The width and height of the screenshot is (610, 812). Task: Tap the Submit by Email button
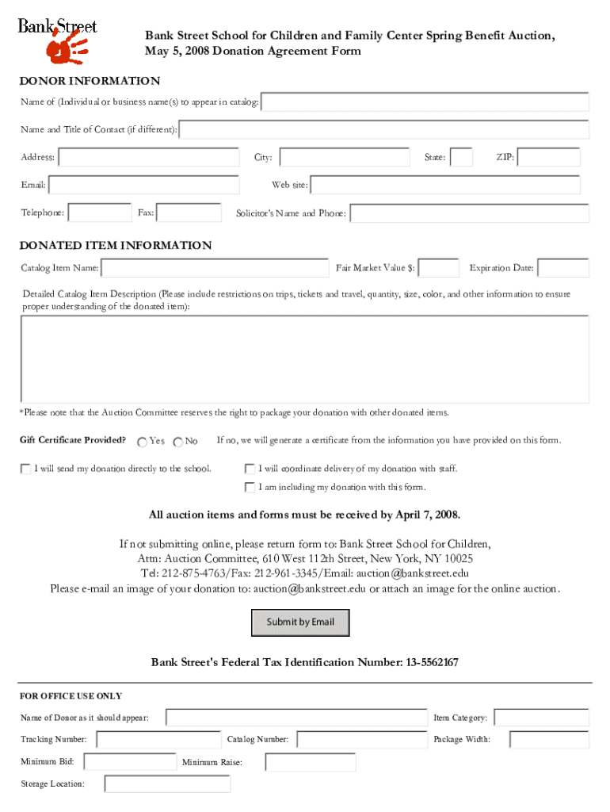click(x=300, y=622)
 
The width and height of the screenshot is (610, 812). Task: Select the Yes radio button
click(x=142, y=442)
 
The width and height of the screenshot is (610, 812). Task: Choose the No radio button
click(x=177, y=442)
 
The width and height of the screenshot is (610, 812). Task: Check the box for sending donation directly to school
click(x=26, y=469)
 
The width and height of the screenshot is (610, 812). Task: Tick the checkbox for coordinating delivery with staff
click(x=250, y=469)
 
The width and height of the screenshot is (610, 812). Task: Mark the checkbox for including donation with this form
click(x=250, y=487)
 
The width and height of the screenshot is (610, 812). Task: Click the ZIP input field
click(x=548, y=158)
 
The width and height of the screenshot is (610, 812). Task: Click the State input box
click(x=461, y=158)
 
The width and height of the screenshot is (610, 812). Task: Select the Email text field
click(x=143, y=186)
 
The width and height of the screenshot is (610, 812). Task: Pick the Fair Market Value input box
click(x=438, y=268)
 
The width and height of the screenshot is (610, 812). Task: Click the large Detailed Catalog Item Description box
click(x=304, y=359)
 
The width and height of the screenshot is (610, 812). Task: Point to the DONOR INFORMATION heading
click(x=90, y=81)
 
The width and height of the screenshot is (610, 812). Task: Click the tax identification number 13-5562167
click(x=432, y=662)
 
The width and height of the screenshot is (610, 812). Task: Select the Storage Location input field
click(x=167, y=784)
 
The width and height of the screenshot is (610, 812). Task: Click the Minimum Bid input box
click(x=129, y=762)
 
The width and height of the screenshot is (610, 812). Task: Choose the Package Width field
click(x=548, y=740)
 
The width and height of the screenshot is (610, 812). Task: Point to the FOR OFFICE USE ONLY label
click(x=71, y=696)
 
